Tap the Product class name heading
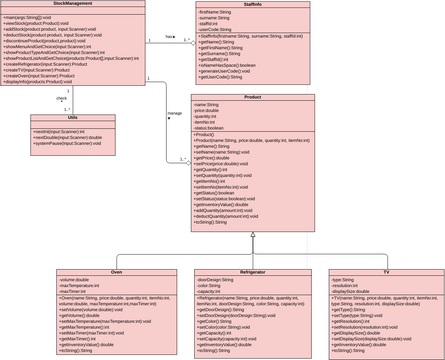[252, 97]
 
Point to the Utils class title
[73, 117]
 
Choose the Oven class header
[117, 272]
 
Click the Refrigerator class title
[253, 272]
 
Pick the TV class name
[386, 272]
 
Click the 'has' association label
[169, 37]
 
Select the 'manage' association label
[174, 113]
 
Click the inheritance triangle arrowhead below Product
[253, 234]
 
